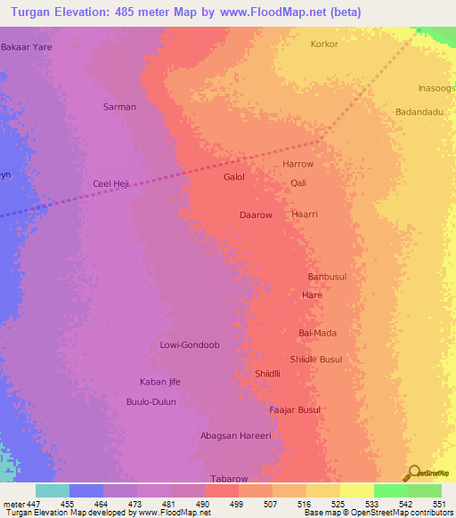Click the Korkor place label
[x=324, y=44]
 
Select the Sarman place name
[x=120, y=107]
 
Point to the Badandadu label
[x=419, y=112]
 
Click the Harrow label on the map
[x=298, y=165]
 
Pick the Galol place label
[x=234, y=177]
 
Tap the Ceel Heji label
[x=111, y=183]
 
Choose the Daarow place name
[x=256, y=215]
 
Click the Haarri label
[x=305, y=214]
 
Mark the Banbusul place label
[x=325, y=276]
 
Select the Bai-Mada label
[x=318, y=333]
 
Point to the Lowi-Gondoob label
[x=189, y=344]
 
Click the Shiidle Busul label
[x=316, y=360]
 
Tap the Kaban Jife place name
[x=160, y=382]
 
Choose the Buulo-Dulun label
[x=151, y=402]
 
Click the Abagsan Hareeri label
[x=235, y=436]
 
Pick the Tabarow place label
[x=228, y=478]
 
